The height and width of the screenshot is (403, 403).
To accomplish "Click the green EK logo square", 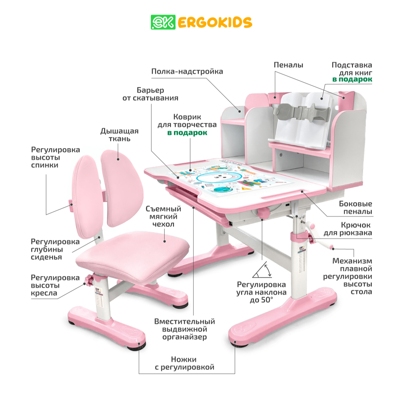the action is click(x=163, y=22).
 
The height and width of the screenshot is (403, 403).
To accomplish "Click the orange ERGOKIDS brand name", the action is click(x=215, y=23).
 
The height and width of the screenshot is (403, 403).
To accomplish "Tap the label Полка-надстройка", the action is click(x=187, y=72).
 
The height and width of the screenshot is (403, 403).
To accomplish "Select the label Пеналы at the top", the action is click(x=288, y=65).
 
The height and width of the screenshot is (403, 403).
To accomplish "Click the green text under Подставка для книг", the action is click(x=352, y=80).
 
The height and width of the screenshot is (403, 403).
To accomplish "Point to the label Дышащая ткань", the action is click(x=120, y=135).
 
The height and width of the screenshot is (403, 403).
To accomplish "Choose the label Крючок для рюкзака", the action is click(x=348, y=229).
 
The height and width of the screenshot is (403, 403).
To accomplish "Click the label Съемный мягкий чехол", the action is click(x=163, y=217).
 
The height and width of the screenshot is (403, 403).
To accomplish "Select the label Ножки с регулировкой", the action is click(x=184, y=363).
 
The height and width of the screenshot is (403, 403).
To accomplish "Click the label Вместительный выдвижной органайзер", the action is click(x=184, y=329).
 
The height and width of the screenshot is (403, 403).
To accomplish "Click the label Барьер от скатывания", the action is click(x=150, y=94).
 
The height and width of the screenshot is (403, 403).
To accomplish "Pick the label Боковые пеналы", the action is click(x=356, y=208).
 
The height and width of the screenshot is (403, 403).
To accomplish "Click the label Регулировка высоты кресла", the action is click(x=55, y=285).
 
